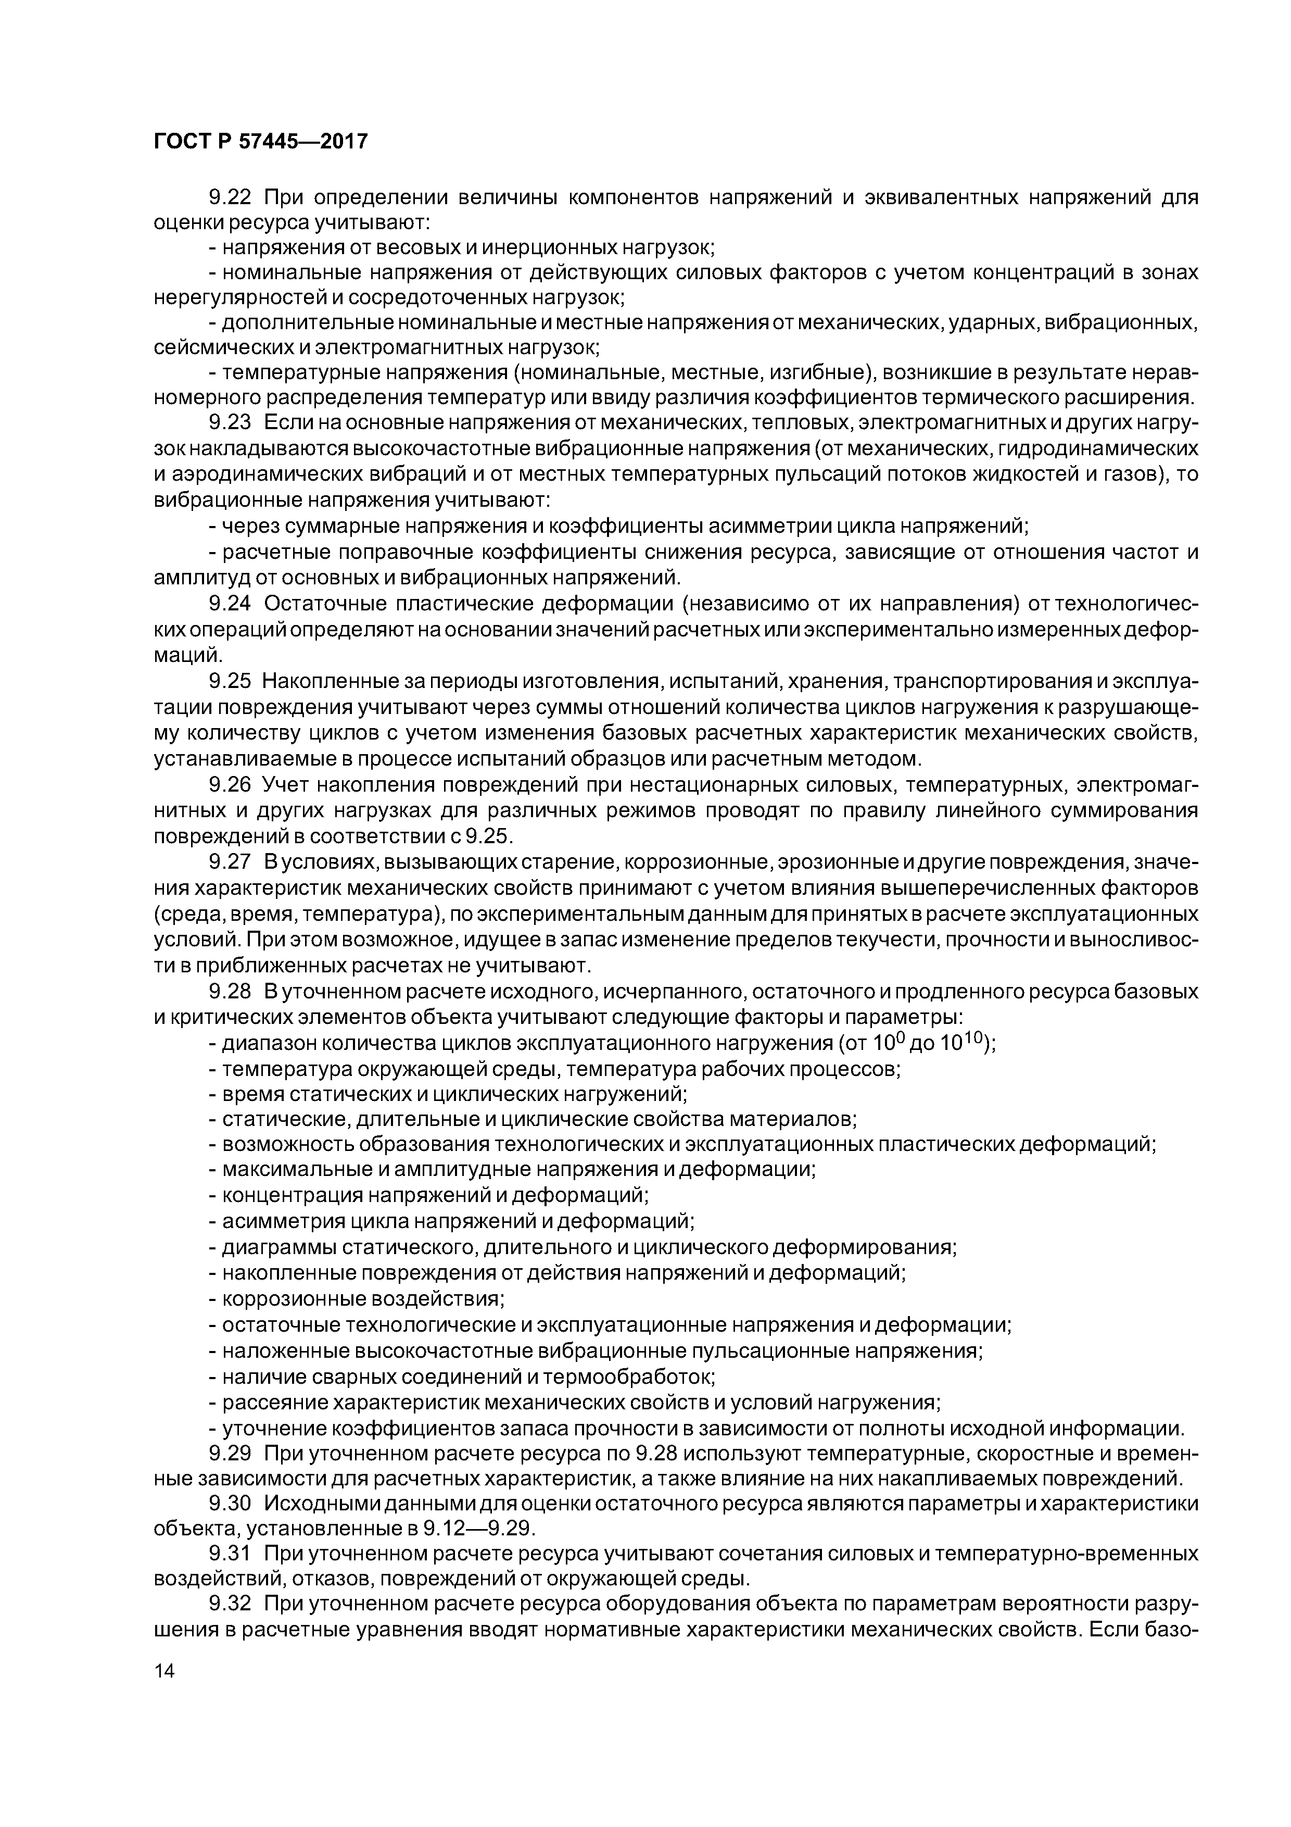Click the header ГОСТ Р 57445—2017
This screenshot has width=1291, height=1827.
(260, 142)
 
